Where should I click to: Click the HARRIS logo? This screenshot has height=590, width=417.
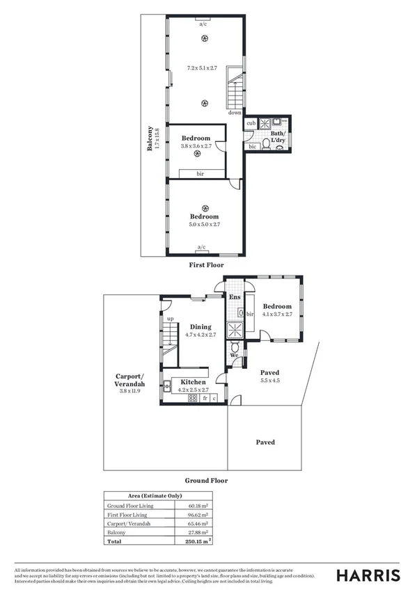pyautogui.click(x=368, y=575)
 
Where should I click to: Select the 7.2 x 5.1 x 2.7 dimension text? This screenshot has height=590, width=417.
pyautogui.click(x=203, y=68)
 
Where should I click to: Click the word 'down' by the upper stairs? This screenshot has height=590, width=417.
pyautogui.click(x=235, y=113)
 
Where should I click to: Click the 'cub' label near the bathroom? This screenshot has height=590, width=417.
pyautogui.click(x=250, y=124)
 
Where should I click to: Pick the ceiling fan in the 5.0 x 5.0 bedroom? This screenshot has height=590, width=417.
pyautogui.click(x=205, y=208)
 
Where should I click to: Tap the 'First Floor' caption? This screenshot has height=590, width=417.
pyautogui.click(x=206, y=265)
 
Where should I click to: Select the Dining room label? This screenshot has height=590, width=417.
pyautogui.click(x=200, y=326)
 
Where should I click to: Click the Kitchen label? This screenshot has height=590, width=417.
pyautogui.click(x=193, y=382)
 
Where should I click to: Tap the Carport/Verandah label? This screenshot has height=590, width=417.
pyautogui.click(x=129, y=384)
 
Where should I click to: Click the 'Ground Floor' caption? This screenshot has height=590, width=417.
pyautogui.click(x=206, y=481)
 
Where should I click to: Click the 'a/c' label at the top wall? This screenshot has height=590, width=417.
pyautogui.click(x=204, y=24)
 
